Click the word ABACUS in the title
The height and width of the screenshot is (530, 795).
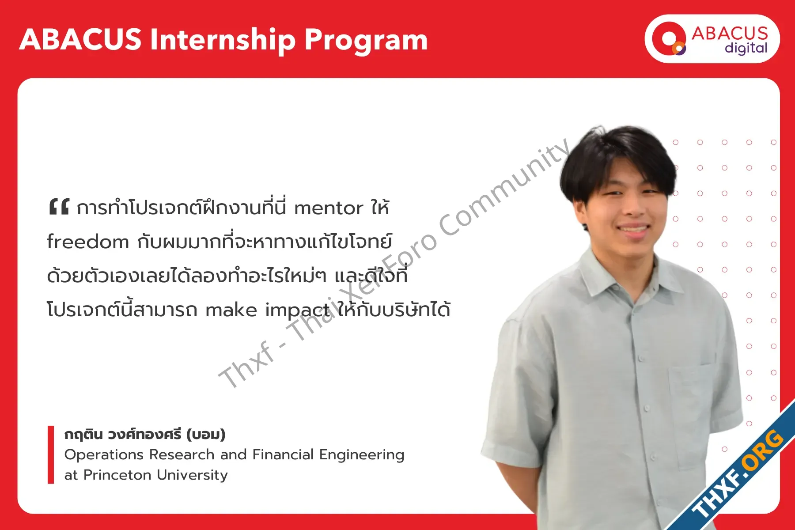(80, 39)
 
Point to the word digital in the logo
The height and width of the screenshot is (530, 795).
(746, 48)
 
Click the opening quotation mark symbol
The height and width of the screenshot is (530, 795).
(59, 207)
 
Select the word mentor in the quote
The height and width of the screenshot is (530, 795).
(329, 208)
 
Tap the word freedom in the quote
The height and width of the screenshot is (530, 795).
(88, 242)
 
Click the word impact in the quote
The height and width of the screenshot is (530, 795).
(297, 310)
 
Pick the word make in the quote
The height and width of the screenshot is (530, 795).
(231, 310)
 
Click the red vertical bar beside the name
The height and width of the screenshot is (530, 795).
(51, 454)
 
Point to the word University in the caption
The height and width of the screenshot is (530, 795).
(192, 475)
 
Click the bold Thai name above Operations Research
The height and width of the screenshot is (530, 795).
(145, 434)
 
